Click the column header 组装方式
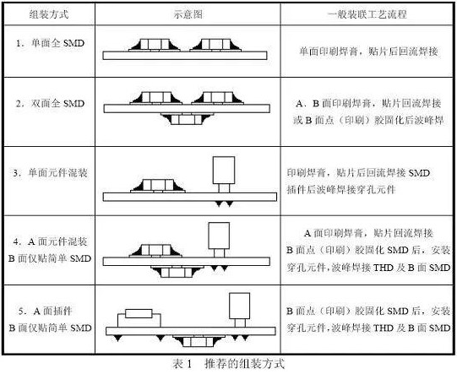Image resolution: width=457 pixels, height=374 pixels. point(49,14)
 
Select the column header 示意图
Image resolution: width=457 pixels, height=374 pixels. point(188,14)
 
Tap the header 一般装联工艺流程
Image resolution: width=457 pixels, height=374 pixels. point(367,14)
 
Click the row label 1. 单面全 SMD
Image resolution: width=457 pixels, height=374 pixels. point(50,43)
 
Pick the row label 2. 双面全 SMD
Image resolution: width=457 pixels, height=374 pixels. point(50,103)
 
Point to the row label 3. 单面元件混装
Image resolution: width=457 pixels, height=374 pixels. point(50,173)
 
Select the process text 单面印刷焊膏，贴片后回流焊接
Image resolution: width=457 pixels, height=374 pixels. point(368,51)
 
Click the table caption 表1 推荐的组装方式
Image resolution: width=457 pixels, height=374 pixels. point(228,364)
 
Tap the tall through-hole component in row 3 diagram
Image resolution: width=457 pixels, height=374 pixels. point(224,175)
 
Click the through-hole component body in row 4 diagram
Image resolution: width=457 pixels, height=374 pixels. point(219,236)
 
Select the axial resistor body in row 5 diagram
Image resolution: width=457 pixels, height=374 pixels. point(139,313)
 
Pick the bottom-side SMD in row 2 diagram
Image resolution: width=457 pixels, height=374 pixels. point(187,119)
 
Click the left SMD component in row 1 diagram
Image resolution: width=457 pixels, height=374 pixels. point(155,45)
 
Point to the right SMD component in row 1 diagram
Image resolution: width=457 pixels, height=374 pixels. point(215,45)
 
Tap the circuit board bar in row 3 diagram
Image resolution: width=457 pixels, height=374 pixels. point(190,197)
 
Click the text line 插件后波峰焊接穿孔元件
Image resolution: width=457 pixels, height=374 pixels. point(341,190)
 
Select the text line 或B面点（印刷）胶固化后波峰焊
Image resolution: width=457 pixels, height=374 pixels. point(368,120)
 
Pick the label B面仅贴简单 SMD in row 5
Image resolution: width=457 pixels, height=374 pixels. point(50,328)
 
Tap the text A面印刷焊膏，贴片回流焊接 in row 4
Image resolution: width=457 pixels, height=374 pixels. point(368,233)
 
